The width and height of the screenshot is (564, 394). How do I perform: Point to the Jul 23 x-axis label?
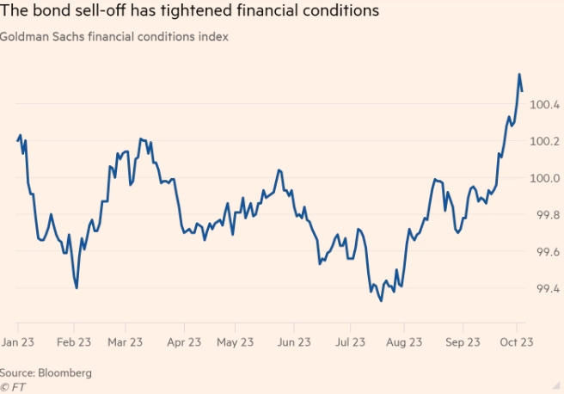click(x=348, y=342)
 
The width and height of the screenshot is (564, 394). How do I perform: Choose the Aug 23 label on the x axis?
click(x=404, y=342)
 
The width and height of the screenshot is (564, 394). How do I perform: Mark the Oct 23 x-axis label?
click(x=517, y=342)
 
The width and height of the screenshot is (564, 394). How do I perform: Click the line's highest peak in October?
click(x=519, y=74)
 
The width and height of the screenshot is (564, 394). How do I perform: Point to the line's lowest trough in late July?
click(x=381, y=300)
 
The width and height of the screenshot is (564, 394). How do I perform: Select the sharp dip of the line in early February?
click(x=77, y=287)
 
